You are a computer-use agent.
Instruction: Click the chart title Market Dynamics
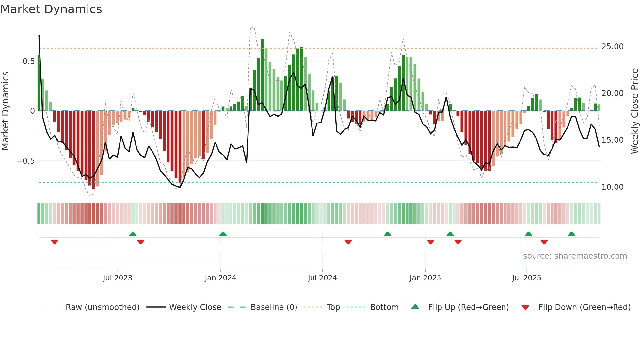pos(51,9)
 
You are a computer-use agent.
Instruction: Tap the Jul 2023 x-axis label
pos(118,278)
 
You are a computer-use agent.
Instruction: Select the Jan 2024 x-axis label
pos(220,278)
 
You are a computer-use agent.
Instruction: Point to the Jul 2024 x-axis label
pos(322,278)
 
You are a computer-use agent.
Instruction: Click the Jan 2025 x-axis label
pos(425,278)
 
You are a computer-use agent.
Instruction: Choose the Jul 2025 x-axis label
pos(526,278)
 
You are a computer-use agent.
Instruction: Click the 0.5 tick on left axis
pos(28,61)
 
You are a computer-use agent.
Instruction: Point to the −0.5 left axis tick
pos(25,161)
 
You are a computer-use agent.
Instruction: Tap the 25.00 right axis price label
pos(612,47)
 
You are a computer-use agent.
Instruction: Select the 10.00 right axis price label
pos(612,187)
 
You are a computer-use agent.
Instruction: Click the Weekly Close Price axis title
pos(634,111)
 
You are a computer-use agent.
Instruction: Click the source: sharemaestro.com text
pos(575,256)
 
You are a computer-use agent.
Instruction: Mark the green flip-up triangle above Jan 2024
pos(223,234)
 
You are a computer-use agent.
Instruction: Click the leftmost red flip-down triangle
pos(55,242)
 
